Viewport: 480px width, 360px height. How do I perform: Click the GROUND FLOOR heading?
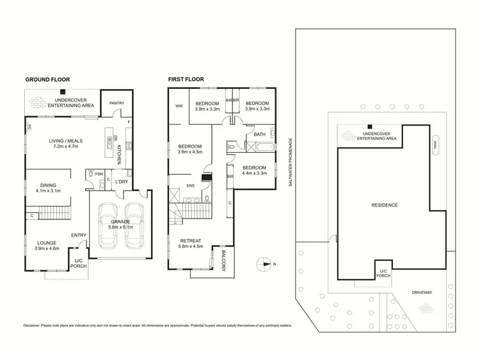point(47,80)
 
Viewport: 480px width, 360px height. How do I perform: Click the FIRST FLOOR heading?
point(186,80)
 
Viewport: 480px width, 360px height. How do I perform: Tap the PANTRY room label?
point(116,103)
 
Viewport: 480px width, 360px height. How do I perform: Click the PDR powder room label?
point(99,173)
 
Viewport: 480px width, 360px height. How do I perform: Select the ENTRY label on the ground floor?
point(79,235)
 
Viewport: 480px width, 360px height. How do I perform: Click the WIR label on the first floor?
point(179,107)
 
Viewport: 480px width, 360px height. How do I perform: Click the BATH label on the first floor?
point(259,135)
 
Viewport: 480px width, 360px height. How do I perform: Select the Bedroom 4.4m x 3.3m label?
point(255,170)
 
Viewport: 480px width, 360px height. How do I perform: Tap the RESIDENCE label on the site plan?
point(385,205)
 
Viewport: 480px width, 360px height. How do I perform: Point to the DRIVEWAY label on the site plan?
point(422,292)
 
